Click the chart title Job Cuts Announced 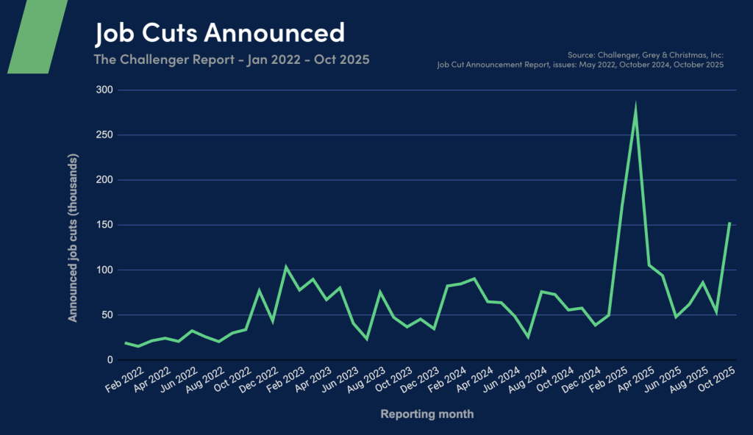(219, 32)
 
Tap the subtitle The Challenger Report (232, 59)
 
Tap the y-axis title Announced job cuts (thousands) (74, 237)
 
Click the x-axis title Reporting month (427, 414)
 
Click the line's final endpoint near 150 (729, 223)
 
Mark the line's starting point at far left (125, 342)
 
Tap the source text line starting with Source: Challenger (646, 55)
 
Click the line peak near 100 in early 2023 (285, 267)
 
